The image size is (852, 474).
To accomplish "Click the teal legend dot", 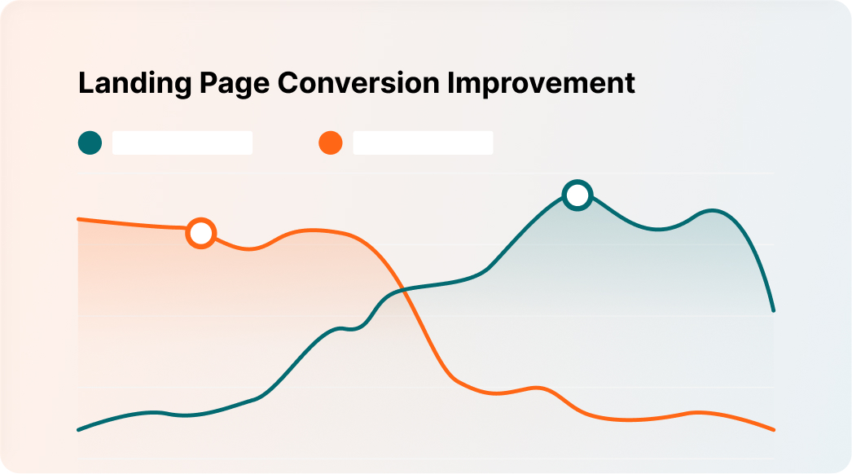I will [90, 143].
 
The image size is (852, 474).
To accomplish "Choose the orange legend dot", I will [330, 143].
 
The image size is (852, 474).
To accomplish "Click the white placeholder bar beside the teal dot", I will [182, 143].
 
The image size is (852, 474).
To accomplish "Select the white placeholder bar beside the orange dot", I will [423, 143].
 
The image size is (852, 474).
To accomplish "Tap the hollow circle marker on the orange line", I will [200, 234].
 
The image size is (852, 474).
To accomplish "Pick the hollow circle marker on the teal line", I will [578, 195].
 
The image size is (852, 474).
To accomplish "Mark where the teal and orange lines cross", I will [404, 290].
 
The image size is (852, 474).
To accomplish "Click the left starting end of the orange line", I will [79, 219].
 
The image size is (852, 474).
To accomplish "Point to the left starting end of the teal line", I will [79, 429].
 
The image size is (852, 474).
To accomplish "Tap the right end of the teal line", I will [773, 310].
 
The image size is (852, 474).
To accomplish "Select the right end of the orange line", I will [773, 429].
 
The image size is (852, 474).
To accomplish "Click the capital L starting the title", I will [85, 84].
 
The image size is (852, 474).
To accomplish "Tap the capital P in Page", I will [198, 84].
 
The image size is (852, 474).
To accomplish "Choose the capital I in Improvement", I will [459, 84].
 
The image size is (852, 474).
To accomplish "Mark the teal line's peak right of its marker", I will [713, 211].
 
